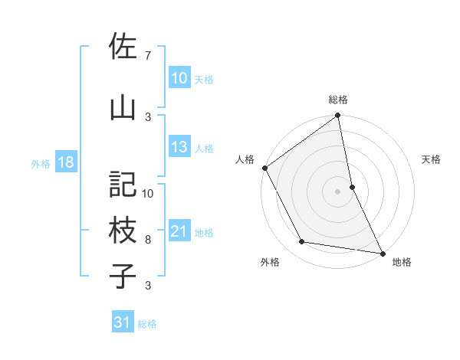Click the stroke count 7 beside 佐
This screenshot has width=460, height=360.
[148, 55]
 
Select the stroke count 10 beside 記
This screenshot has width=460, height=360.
[149, 193]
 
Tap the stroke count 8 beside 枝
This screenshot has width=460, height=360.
[148, 240]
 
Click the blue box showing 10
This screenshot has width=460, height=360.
[179, 78]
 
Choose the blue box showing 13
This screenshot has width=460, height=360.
[179, 147]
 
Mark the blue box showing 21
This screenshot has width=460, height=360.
[179, 231]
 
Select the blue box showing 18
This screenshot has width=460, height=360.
[65, 162]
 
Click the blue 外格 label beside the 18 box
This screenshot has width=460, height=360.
[41, 163]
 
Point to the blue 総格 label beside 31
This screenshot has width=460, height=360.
[147, 324]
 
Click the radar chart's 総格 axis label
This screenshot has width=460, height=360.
[337, 100]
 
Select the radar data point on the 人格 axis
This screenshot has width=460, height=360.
[264, 168]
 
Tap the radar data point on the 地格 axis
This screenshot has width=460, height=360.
[382, 252]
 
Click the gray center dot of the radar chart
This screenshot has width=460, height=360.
[337, 191]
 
